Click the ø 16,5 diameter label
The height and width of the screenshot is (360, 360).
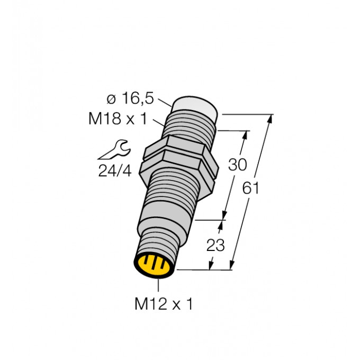(130, 99)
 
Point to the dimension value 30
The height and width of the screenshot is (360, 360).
(237, 165)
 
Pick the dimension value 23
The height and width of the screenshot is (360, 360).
(216, 245)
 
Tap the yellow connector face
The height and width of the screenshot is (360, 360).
(154, 265)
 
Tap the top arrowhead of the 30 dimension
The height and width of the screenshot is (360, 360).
(245, 134)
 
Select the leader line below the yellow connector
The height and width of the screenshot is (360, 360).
(159, 285)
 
